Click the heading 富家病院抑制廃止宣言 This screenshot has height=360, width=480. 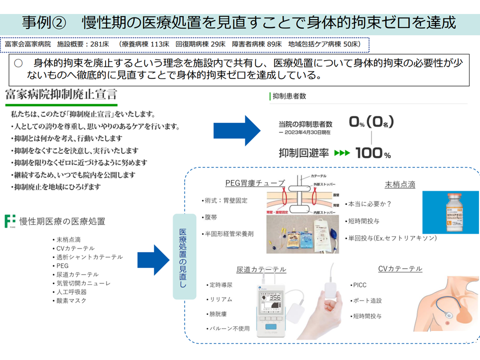pyautogui.click(x=60, y=94)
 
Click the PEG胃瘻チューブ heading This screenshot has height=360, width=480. pyautogui.click(x=255, y=182)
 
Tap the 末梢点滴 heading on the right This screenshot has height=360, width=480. pyautogui.click(x=400, y=184)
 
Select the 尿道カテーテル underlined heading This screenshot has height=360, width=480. pyautogui.click(x=261, y=269)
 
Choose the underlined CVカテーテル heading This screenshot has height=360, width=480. pyautogui.click(x=399, y=269)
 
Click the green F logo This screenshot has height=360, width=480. pyautogui.click(x=9, y=221)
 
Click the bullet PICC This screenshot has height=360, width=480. pyautogui.click(x=359, y=285)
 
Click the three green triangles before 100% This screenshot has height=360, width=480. pyautogui.click(x=342, y=153)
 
